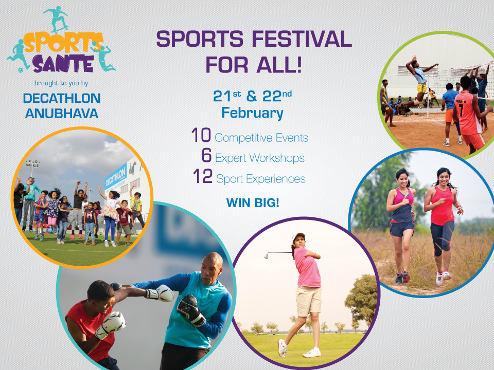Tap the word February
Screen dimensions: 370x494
point(252,113)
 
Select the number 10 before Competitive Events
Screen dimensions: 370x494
point(201,136)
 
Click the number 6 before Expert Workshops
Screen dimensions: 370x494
point(206,156)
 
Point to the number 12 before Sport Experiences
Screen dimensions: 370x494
point(203,177)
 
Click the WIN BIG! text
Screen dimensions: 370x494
point(253,202)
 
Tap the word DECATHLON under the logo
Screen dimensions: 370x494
point(62,98)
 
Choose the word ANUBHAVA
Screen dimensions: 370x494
point(62,114)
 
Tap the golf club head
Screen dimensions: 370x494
point(267,254)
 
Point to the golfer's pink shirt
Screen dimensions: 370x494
point(308,268)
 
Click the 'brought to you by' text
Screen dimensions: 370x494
point(61,83)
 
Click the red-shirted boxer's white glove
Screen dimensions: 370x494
point(112,324)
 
